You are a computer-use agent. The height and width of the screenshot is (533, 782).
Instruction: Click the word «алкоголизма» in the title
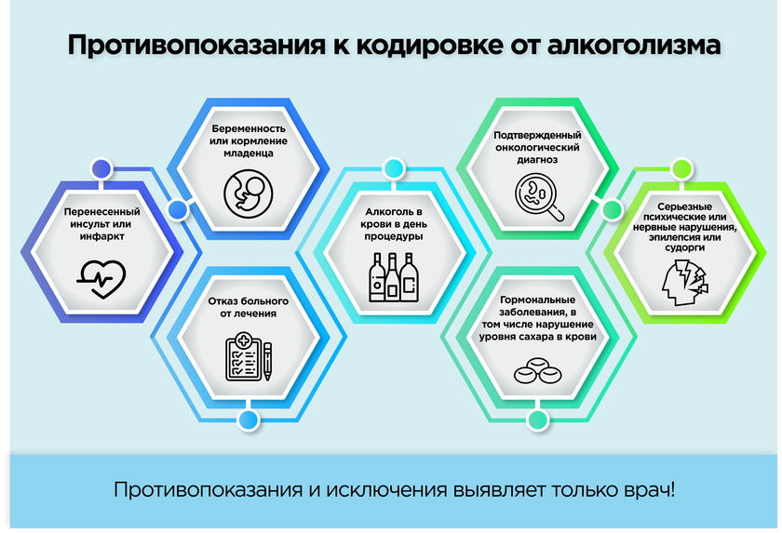(x=634, y=45)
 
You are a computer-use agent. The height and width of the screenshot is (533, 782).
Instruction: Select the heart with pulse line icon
(x=101, y=279)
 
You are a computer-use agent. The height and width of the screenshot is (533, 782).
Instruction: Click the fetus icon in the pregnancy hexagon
(x=249, y=193)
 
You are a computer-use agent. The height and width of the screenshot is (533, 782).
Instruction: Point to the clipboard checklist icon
(x=243, y=356)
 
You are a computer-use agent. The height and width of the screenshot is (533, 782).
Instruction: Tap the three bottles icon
(x=394, y=277)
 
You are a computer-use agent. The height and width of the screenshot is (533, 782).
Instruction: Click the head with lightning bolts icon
(x=684, y=283)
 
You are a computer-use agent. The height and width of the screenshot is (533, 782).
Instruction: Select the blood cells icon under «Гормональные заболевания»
(x=538, y=370)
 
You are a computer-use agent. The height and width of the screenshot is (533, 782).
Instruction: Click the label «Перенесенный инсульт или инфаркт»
(x=101, y=224)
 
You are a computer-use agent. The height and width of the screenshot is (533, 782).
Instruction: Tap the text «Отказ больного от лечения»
(x=249, y=307)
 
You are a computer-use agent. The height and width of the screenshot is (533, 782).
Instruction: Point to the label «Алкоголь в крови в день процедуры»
(x=394, y=224)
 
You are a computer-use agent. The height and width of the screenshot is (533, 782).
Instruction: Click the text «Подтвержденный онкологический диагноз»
(x=538, y=148)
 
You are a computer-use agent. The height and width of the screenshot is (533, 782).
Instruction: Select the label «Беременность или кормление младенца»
(x=249, y=141)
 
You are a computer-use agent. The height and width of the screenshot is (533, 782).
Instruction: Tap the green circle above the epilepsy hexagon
(x=681, y=169)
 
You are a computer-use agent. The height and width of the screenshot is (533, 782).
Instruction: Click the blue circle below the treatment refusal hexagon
(x=249, y=420)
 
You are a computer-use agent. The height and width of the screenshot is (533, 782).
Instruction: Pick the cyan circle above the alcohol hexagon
(x=394, y=169)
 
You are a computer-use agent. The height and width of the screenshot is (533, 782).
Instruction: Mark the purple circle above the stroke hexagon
(x=101, y=169)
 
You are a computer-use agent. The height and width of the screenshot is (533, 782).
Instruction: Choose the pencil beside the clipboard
(x=268, y=362)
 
